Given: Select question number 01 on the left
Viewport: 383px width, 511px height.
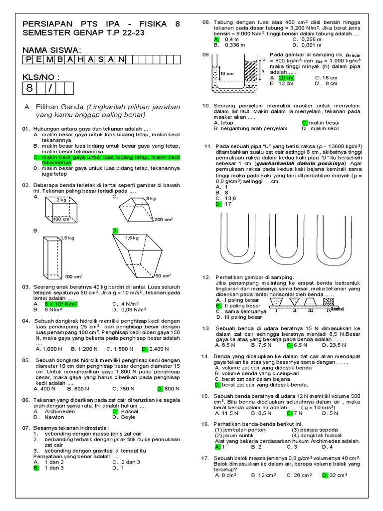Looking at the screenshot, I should (x=26, y=129).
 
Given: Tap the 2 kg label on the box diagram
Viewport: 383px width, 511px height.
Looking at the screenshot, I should (x=62, y=199).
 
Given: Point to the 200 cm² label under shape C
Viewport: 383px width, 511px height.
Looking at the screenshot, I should (x=163, y=219).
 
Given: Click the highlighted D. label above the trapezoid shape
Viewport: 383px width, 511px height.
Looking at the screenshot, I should (x=115, y=231).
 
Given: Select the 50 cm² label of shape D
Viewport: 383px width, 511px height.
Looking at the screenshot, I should (x=163, y=275).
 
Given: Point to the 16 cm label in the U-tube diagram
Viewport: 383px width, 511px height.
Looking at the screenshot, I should (x=227, y=73).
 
